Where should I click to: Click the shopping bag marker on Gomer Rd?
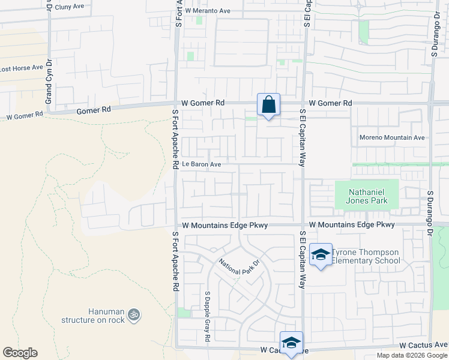tap(268, 105)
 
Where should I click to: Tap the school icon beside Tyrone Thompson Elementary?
tap(321, 256)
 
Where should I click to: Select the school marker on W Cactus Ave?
tap(291, 343)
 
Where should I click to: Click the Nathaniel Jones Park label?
tap(366, 196)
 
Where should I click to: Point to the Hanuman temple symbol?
tap(134, 313)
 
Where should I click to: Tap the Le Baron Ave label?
tap(202, 164)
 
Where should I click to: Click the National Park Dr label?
tap(238, 266)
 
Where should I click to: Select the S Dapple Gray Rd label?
tap(207, 317)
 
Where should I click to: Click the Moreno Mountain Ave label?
tap(392, 137)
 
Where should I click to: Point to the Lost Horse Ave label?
tap(22, 68)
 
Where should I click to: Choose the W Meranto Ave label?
tap(208, 11)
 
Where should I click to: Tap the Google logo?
tap(20, 353)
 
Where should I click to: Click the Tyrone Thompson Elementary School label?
tap(366, 256)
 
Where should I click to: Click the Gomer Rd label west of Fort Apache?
tap(94, 110)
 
